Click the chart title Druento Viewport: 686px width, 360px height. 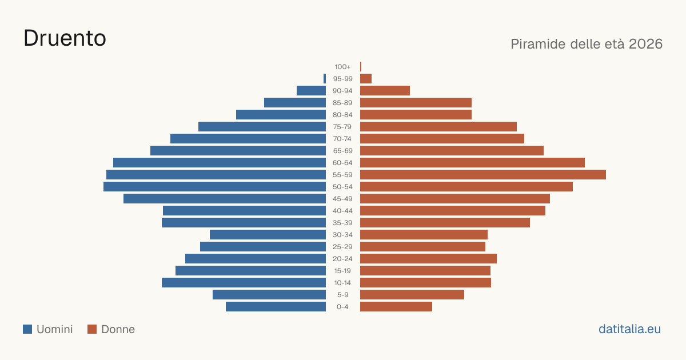tap(65, 38)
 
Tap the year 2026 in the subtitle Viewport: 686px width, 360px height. tap(645, 44)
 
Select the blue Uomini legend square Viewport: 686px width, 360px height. tap(27, 329)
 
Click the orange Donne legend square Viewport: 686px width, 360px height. tap(92, 329)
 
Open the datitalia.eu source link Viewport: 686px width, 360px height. tap(629, 329)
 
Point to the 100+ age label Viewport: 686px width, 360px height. tap(342, 67)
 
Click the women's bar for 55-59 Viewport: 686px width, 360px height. tap(483, 175)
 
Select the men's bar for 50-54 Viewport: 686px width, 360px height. tap(215, 187)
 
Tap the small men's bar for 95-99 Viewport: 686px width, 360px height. tap(325, 79)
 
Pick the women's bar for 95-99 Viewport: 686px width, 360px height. tap(366, 79)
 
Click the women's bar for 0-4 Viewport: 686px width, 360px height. tap(396, 307)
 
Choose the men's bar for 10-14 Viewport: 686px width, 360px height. tap(244, 282)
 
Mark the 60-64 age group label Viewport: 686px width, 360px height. tap(342, 163)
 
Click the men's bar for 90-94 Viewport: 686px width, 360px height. tap(311, 91)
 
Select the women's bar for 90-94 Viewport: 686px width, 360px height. tap(385, 91)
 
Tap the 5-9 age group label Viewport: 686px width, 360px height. tap(342, 295)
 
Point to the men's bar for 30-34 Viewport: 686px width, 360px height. tap(268, 235)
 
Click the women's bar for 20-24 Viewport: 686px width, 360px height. tap(428, 259)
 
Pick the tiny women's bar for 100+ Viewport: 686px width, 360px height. tap(361, 67)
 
